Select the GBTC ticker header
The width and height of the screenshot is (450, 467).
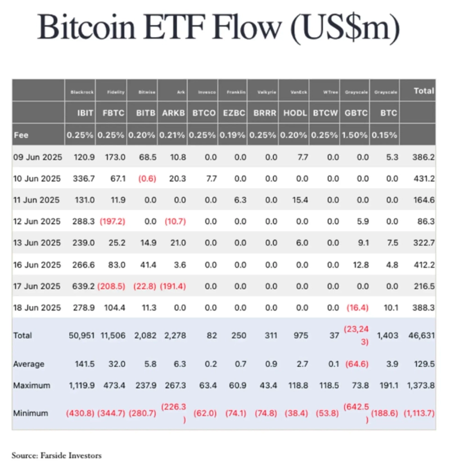(356, 113)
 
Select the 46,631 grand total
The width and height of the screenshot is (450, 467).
(423, 335)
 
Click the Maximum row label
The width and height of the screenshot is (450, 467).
(31, 386)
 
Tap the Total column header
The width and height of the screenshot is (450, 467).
(424, 91)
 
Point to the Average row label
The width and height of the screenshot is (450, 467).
(30, 364)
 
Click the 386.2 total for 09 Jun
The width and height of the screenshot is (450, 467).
(424, 158)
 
